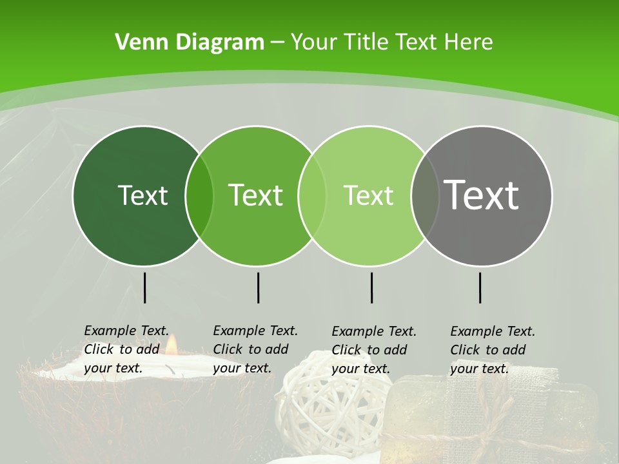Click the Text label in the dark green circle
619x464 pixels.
[142, 195]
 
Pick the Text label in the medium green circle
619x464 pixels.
[256, 195]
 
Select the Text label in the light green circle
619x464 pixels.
[368, 195]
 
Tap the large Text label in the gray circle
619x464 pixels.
[482, 195]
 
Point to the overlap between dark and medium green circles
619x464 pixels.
[199, 196]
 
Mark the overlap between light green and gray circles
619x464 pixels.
[424, 196]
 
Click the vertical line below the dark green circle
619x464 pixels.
[144, 287]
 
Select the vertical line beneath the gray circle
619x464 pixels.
[480, 287]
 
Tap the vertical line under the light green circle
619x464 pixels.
[371, 287]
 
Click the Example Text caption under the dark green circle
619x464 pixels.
[126, 349]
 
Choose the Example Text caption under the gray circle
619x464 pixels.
[492, 350]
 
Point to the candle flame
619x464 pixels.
[171, 345]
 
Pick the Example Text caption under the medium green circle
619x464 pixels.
[255, 349]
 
